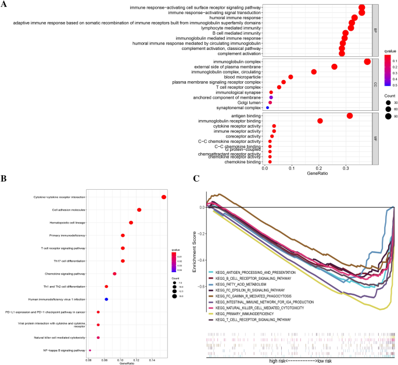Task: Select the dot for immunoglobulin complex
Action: pyautogui.click(x=367, y=62)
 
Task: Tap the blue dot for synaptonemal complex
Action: pyautogui.click(x=267, y=107)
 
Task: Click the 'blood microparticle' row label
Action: pyautogui.click(x=239, y=77)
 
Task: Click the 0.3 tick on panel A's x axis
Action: pyautogui.click(x=346, y=168)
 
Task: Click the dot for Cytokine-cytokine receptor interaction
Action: pyautogui.click(x=164, y=197)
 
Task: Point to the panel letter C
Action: pyautogui.click(x=197, y=180)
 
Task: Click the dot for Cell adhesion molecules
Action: pyautogui.click(x=139, y=209)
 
